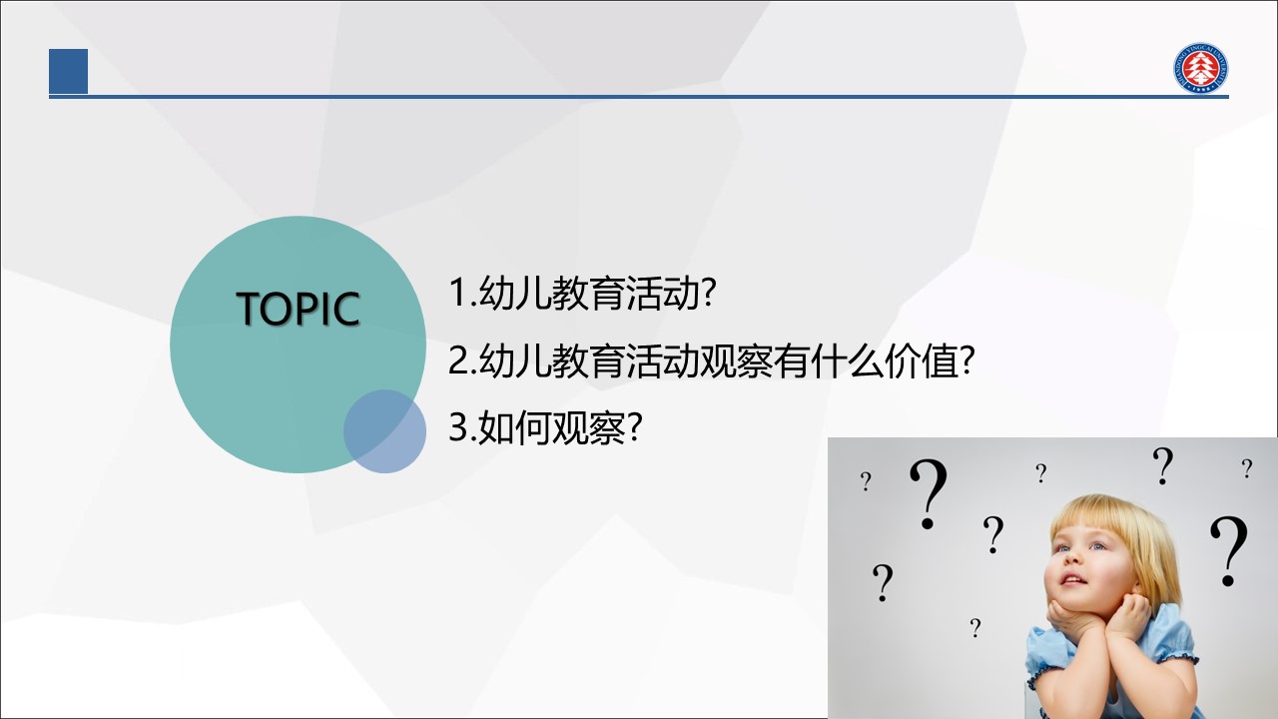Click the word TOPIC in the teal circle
click(298, 309)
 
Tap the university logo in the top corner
click(1201, 67)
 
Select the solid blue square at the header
click(69, 71)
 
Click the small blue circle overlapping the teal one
click(384, 431)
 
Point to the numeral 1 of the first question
click(459, 293)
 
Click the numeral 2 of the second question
click(458, 360)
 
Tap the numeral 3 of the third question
click(458, 426)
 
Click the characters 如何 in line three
click(515, 427)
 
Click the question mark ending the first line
click(708, 293)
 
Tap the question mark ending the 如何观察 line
click(634, 427)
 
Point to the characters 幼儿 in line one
click(515, 293)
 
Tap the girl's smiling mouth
click(1073, 581)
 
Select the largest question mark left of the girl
click(929, 493)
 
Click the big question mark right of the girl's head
click(1229, 551)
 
